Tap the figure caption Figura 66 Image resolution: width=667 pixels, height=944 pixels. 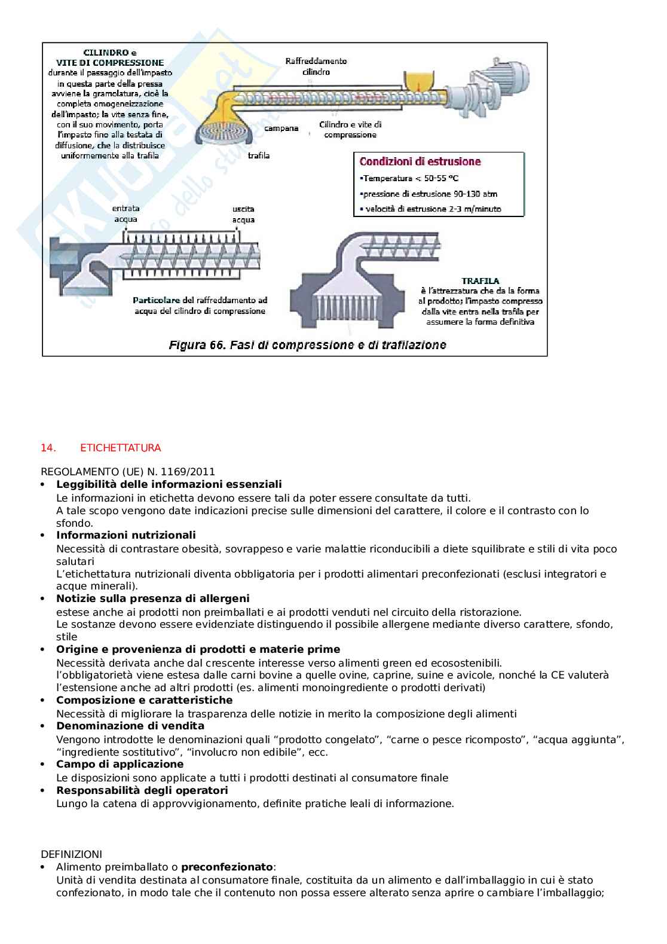(307, 345)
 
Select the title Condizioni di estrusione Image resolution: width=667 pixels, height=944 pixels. (420, 161)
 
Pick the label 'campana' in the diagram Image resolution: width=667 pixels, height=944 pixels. (281, 129)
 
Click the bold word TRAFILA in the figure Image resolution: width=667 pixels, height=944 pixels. (481, 280)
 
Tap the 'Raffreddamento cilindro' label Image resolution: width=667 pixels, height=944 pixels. (316, 66)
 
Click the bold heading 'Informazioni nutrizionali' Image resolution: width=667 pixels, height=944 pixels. (126, 535)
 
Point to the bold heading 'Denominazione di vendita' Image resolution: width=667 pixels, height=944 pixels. (130, 726)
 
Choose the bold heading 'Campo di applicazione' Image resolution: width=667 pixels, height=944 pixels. (120, 764)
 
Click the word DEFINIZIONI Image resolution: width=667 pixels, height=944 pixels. (71, 854)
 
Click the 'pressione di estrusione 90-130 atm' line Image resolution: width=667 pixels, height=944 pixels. (429, 194)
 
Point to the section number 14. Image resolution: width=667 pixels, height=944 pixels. (47, 448)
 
